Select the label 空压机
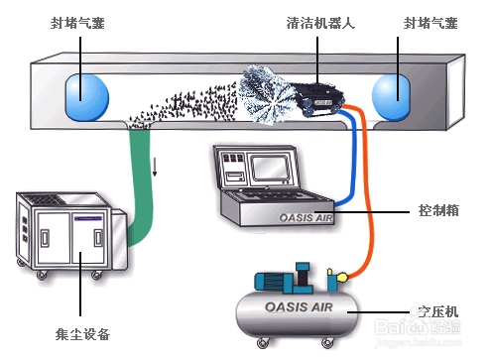(x=438, y=311)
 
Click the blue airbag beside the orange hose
(x=393, y=96)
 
